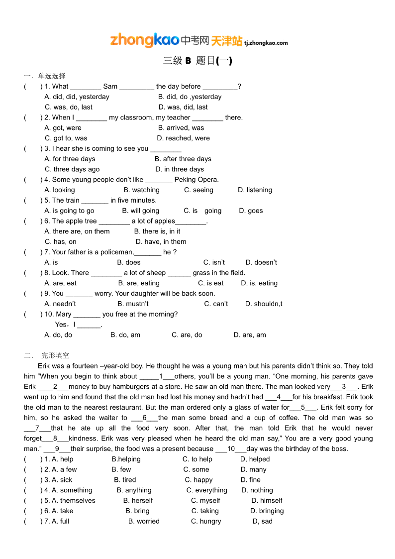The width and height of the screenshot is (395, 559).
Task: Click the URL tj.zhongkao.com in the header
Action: [x=266, y=43]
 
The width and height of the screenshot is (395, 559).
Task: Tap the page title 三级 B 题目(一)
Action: [x=197, y=61]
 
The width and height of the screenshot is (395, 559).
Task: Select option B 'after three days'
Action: [x=183, y=159]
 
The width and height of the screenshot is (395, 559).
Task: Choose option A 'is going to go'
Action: [x=69, y=211]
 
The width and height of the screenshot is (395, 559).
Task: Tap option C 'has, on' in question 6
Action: [x=61, y=242]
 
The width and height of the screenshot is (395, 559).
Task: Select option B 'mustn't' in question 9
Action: [x=133, y=304]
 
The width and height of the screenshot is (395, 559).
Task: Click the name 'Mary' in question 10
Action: [x=64, y=315]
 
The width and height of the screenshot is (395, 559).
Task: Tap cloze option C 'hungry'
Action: [x=206, y=522]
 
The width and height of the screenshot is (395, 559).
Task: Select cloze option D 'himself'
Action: [x=267, y=501]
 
